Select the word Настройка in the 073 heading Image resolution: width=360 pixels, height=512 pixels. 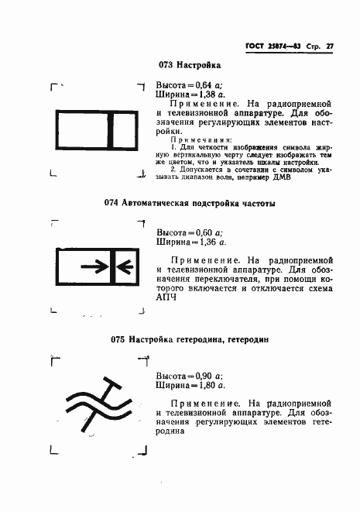pyautogui.click(x=199, y=65)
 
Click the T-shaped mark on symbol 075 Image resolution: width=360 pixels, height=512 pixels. pyautogui.click(x=115, y=388)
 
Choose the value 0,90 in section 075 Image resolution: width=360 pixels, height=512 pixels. pyautogui.click(x=203, y=374)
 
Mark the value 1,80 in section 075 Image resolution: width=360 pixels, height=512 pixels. pyautogui.click(x=203, y=384)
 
